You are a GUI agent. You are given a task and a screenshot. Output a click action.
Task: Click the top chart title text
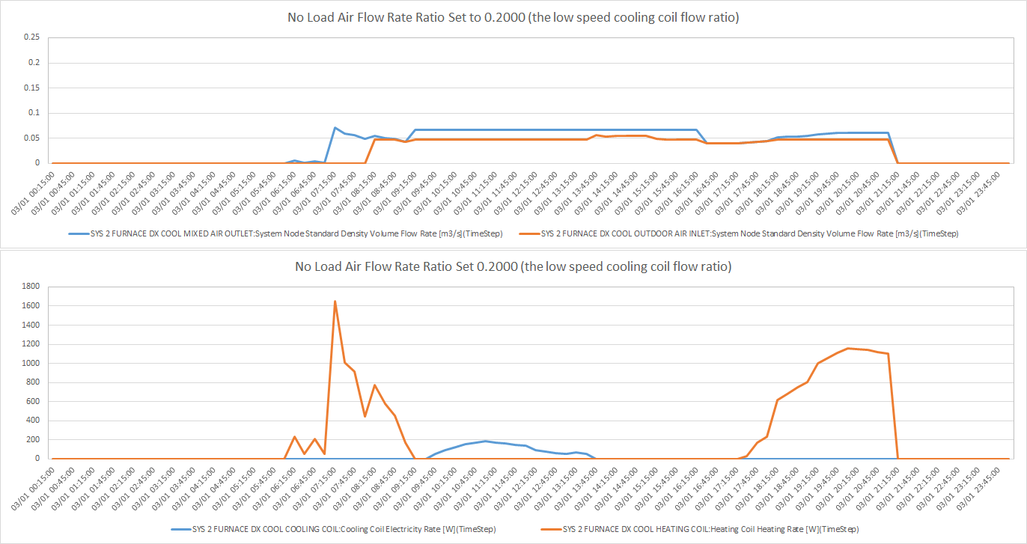pyautogui.click(x=513, y=17)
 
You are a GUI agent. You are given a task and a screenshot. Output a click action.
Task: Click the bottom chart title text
pyautogui.click(x=513, y=266)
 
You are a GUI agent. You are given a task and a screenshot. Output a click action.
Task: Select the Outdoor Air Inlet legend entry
pyautogui.click(x=749, y=233)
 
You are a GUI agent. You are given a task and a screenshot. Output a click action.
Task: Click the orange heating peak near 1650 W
pyautogui.click(x=335, y=302)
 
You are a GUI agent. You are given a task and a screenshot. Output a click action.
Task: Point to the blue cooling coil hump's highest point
pyautogui.click(x=485, y=441)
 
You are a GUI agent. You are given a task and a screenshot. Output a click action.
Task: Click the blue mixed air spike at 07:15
pyautogui.click(x=335, y=128)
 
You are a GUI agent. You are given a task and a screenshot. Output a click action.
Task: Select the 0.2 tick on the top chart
pyautogui.click(x=34, y=62)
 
